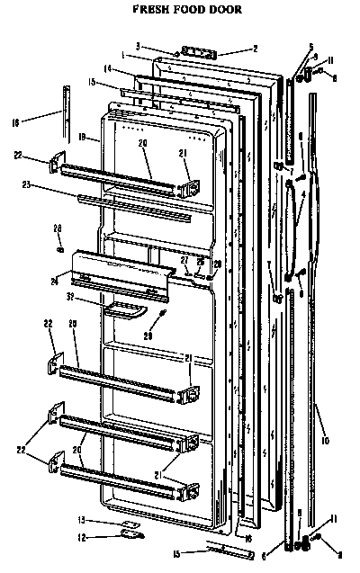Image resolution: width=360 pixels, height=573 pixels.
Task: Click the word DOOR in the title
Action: (223, 10)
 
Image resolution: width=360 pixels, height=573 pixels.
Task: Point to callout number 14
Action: (106, 68)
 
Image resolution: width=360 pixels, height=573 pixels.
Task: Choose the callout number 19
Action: (81, 138)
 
